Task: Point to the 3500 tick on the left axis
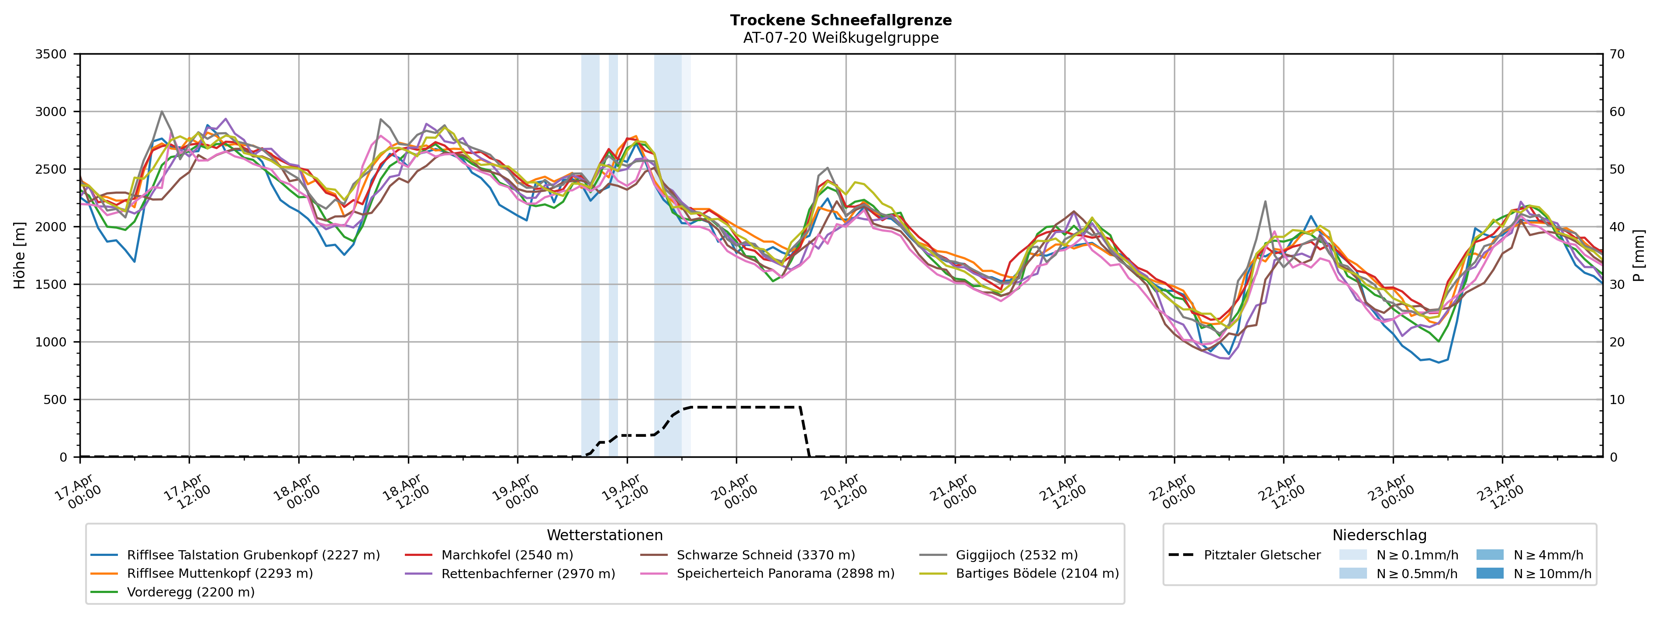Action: click(51, 54)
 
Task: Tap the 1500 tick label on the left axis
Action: click(51, 285)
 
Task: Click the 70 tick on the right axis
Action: click(1617, 54)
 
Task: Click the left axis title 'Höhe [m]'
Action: click(19, 256)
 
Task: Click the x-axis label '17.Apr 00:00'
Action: click(77, 491)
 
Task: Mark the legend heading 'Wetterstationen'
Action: click(604, 535)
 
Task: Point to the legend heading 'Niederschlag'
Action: click(1379, 535)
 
